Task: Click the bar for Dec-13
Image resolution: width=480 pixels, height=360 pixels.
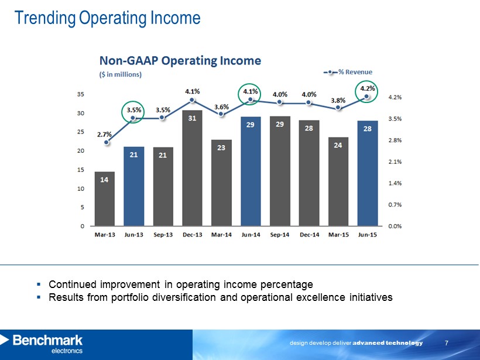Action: (192, 167)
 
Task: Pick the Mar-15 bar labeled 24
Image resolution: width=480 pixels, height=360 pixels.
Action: (338, 181)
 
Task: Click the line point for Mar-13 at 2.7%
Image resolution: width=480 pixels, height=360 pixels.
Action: (105, 142)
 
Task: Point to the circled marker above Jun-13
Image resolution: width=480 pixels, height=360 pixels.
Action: (133, 118)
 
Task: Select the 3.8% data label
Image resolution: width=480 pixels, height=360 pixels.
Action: (338, 100)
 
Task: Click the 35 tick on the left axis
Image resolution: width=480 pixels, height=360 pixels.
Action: (80, 94)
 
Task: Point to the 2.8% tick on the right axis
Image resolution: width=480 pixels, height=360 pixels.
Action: (396, 140)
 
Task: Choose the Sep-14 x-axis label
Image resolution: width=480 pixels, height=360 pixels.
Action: (280, 235)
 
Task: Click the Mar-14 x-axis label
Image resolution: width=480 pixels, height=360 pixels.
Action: (221, 235)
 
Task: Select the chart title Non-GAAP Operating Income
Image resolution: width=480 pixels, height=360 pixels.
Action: (180, 61)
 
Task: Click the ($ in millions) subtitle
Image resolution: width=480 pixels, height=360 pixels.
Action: (120, 75)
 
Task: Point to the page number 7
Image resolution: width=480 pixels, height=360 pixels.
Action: (447, 342)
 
